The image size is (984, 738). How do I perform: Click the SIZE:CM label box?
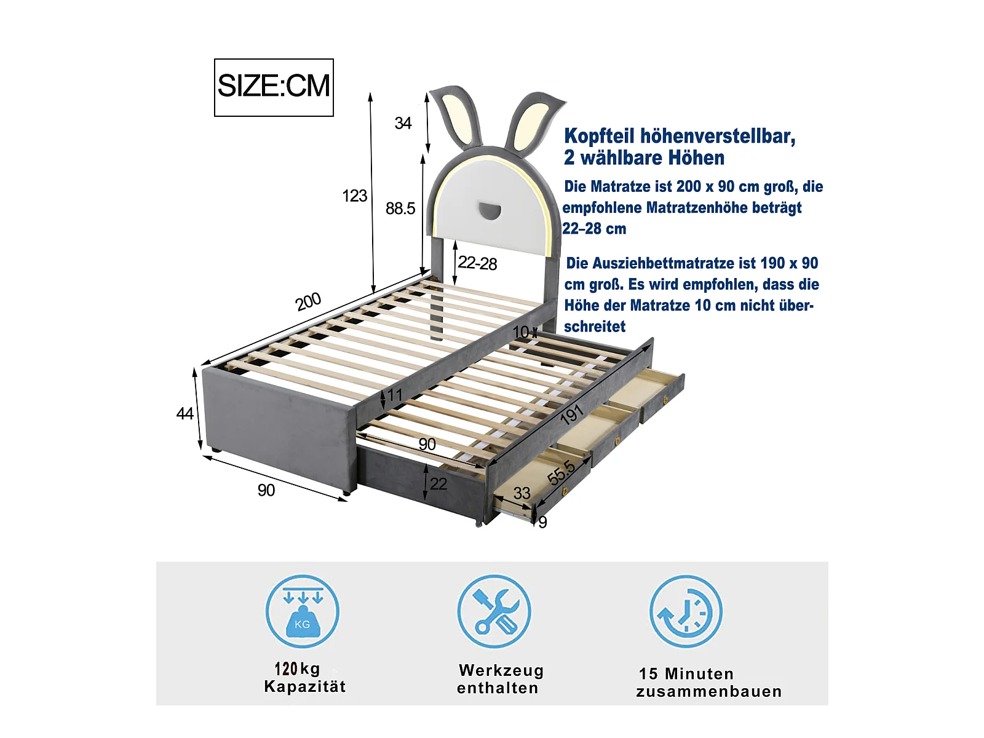tap(274, 87)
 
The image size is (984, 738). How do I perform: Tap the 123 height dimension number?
tap(355, 196)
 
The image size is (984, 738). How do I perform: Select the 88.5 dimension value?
tap(400, 208)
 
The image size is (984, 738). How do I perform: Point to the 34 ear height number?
tap(403, 123)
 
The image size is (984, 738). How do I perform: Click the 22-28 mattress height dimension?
tap(477, 263)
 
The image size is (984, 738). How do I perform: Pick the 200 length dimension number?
tap(309, 301)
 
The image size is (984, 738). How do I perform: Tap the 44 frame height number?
tap(184, 413)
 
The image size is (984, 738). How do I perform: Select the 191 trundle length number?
tap(571, 415)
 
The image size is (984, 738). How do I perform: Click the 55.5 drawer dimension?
tap(561, 473)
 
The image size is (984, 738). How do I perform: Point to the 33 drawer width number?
tap(522, 493)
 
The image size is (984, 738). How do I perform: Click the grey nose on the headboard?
tap(489, 211)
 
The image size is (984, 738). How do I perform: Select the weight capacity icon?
tap(302, 612)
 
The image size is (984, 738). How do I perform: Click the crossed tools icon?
tap(494, 612)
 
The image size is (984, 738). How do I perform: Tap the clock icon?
tap(686, 612)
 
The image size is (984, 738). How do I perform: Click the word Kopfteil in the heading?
tap(600, 136)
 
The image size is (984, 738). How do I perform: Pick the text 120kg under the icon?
tap(297, 669)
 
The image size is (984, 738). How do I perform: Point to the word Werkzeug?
tap(501, 671)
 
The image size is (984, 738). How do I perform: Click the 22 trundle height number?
tap(438, 484)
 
